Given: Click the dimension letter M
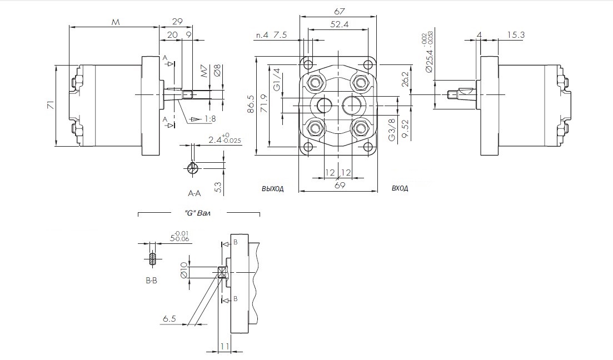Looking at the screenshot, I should pyautogui.click(x=116, y=22).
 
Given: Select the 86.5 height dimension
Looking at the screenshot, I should pyautogui.click(x=251, y=104).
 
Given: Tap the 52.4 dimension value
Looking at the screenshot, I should pyautogui.click(x=339, y=24).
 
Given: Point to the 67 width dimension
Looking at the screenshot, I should pyautogui.click(x=340, y=11).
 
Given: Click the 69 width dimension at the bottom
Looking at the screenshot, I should pyautogui.click(x=340, y=186).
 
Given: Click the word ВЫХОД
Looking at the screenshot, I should pyautogui.click(x=273, y=189).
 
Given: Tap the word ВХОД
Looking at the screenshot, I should pyautogui.click(x=400, y=189).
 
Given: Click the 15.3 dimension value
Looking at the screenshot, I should pyautogui.click(x=516, y=35).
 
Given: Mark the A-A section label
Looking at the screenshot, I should pyautogui.click(x=195, y=193).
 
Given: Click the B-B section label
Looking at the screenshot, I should pyautogui.click(x=152, y=281).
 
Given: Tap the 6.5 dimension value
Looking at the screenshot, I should pyautogui.click(x=170, y=318).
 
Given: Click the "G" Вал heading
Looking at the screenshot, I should pyautogui.click(x=198, y=213).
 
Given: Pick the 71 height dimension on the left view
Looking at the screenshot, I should pyautogui.click(x=51, y=104).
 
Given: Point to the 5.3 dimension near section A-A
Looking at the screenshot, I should pyautogui.click(x=218, y=187).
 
